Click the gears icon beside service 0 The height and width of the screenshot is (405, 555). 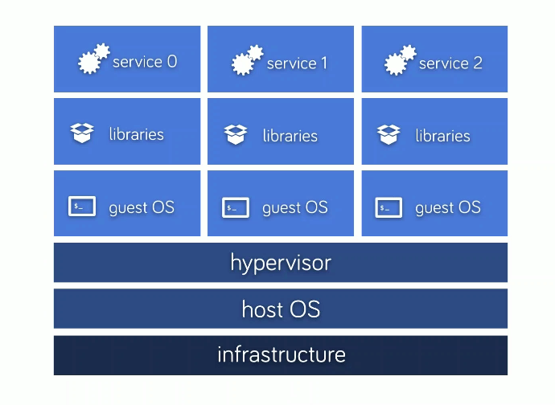(93, 59)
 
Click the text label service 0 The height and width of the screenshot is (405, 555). (145, 62)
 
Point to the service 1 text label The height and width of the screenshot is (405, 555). (297, 63)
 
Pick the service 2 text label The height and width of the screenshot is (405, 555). (450, 63)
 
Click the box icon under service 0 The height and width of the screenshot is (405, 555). (82, 133)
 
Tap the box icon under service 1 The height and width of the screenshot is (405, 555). (236, 134)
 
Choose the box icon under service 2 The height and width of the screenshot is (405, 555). (388, 134)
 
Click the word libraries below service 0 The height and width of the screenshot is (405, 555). (137, 134)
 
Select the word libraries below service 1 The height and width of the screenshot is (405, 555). (290, 136)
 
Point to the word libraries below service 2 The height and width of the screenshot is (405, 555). (443, 136)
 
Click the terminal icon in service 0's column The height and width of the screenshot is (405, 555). (82, 207)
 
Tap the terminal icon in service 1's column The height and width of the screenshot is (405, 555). (236, 208)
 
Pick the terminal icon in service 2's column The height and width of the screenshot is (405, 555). (388, 208)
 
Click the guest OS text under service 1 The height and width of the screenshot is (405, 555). (295, 208)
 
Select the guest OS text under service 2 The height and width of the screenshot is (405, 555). (448, 208)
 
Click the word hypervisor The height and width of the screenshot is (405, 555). (281, 263)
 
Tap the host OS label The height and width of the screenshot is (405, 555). (281, 309)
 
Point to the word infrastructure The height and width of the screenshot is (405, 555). (281, 354)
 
